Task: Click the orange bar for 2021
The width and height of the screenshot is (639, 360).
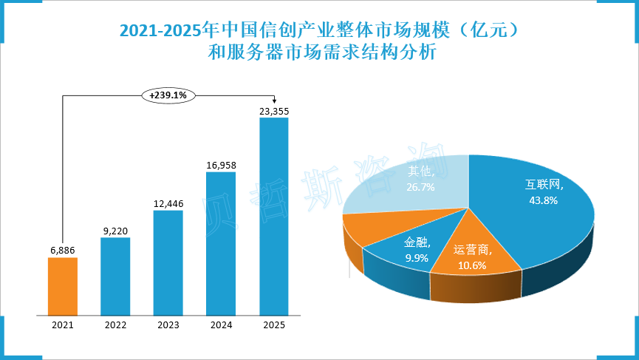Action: pyautogui.click(x=62, y=285)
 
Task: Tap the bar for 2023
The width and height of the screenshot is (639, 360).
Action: pyautogui.click(x=168, y=262)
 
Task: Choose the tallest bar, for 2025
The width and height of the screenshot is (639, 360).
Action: pyautogui.click(x=273, y=215)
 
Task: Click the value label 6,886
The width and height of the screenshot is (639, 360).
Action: pyautogui.click(x=62, y=251)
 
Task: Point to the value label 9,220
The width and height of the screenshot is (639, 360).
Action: pyautogui.click(x=115, y=231)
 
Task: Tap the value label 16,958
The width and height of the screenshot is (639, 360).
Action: pyautogui.click(x=221, y=165)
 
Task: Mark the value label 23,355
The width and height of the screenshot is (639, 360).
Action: pyautogui.click(x=273, y=111)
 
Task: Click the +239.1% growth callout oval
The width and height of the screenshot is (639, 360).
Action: pyautogui.click(x=168, y=95)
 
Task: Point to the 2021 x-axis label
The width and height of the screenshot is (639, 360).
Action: pyautogui.click(x=62, y=324)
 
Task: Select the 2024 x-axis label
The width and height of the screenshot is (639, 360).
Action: pyautogui.click(x=221, y=324)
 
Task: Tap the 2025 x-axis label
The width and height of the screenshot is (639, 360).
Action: pyautogui.click(x=273, y=324)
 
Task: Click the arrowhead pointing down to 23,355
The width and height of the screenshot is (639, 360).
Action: pyautogui.click(x=274, y=102)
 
